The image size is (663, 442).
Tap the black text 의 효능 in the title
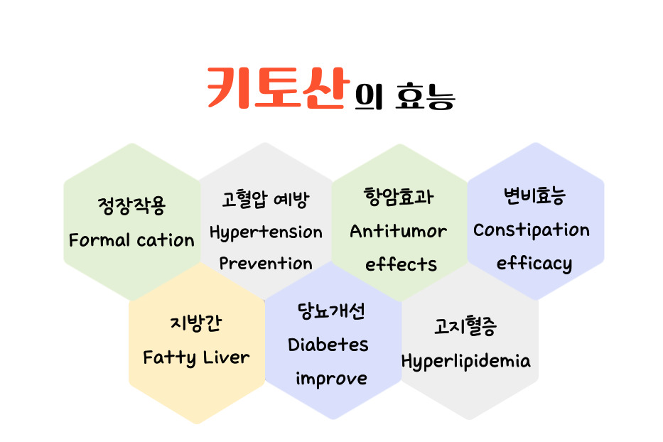point(404,97)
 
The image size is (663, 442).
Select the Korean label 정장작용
point(131,206)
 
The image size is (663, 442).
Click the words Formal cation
point(131,240)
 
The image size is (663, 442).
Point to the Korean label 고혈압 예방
point(266,199)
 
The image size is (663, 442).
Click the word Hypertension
point(266,232)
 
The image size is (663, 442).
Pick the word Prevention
point(266,263)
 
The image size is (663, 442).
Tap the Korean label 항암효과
point(399,197)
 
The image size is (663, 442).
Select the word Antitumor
point(399,231)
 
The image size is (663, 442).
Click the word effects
point(401,264)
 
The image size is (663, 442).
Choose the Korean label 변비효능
point(534,196)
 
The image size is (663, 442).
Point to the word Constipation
point(531,230)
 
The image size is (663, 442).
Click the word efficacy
point(534,264)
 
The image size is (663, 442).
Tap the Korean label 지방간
point(195,323)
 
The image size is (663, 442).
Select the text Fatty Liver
point(196,358)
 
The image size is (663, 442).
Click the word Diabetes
point(328,345)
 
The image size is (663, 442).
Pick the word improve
point(331,378)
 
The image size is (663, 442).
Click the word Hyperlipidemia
point(465,362)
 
